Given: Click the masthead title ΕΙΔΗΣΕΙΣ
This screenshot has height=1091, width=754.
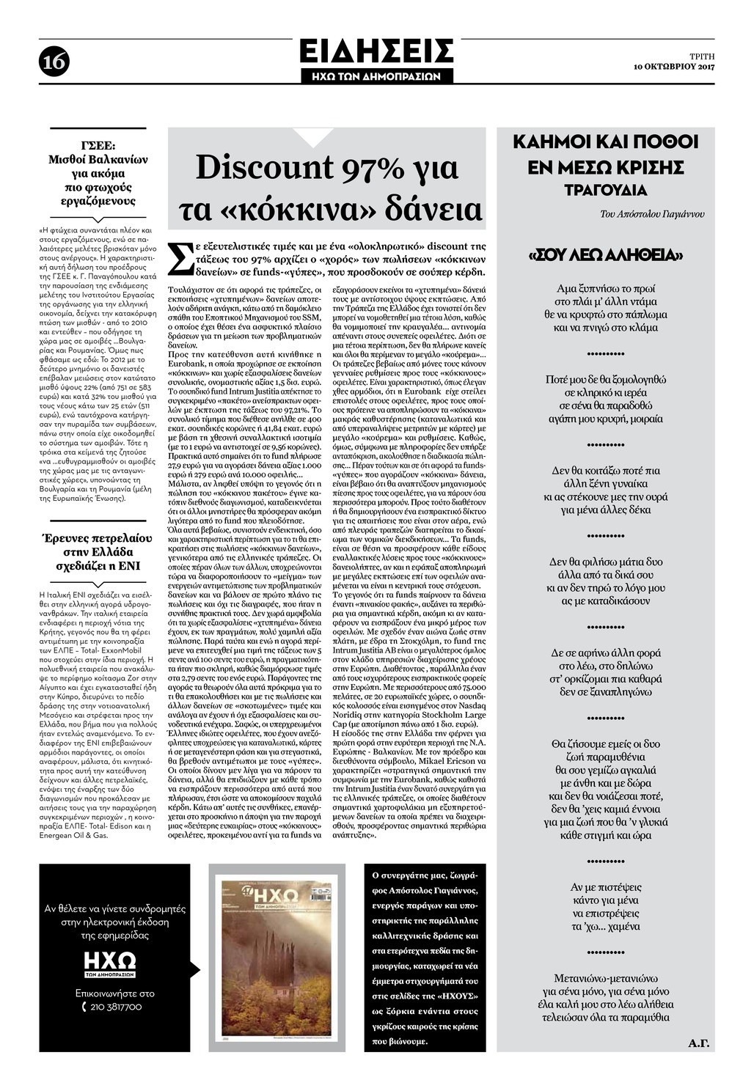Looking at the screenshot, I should [376, 52].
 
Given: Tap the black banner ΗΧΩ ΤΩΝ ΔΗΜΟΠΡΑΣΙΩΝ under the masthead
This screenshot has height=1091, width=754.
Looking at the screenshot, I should [376, 76].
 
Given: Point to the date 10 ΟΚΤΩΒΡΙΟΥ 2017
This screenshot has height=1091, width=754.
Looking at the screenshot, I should [674, 67].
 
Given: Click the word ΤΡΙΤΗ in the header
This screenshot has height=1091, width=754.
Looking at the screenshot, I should [702, 56].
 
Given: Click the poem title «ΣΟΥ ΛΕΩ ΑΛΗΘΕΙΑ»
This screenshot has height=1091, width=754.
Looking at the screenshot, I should [606, 256].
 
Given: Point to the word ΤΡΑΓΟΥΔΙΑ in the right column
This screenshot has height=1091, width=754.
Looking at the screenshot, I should [605, 191].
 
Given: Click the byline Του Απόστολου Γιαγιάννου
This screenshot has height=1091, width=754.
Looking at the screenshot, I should [651, 214].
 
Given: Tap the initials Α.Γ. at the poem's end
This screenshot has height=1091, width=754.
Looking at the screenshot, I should [699, 1042].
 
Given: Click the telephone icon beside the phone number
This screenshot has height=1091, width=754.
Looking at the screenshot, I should [85, 1007].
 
